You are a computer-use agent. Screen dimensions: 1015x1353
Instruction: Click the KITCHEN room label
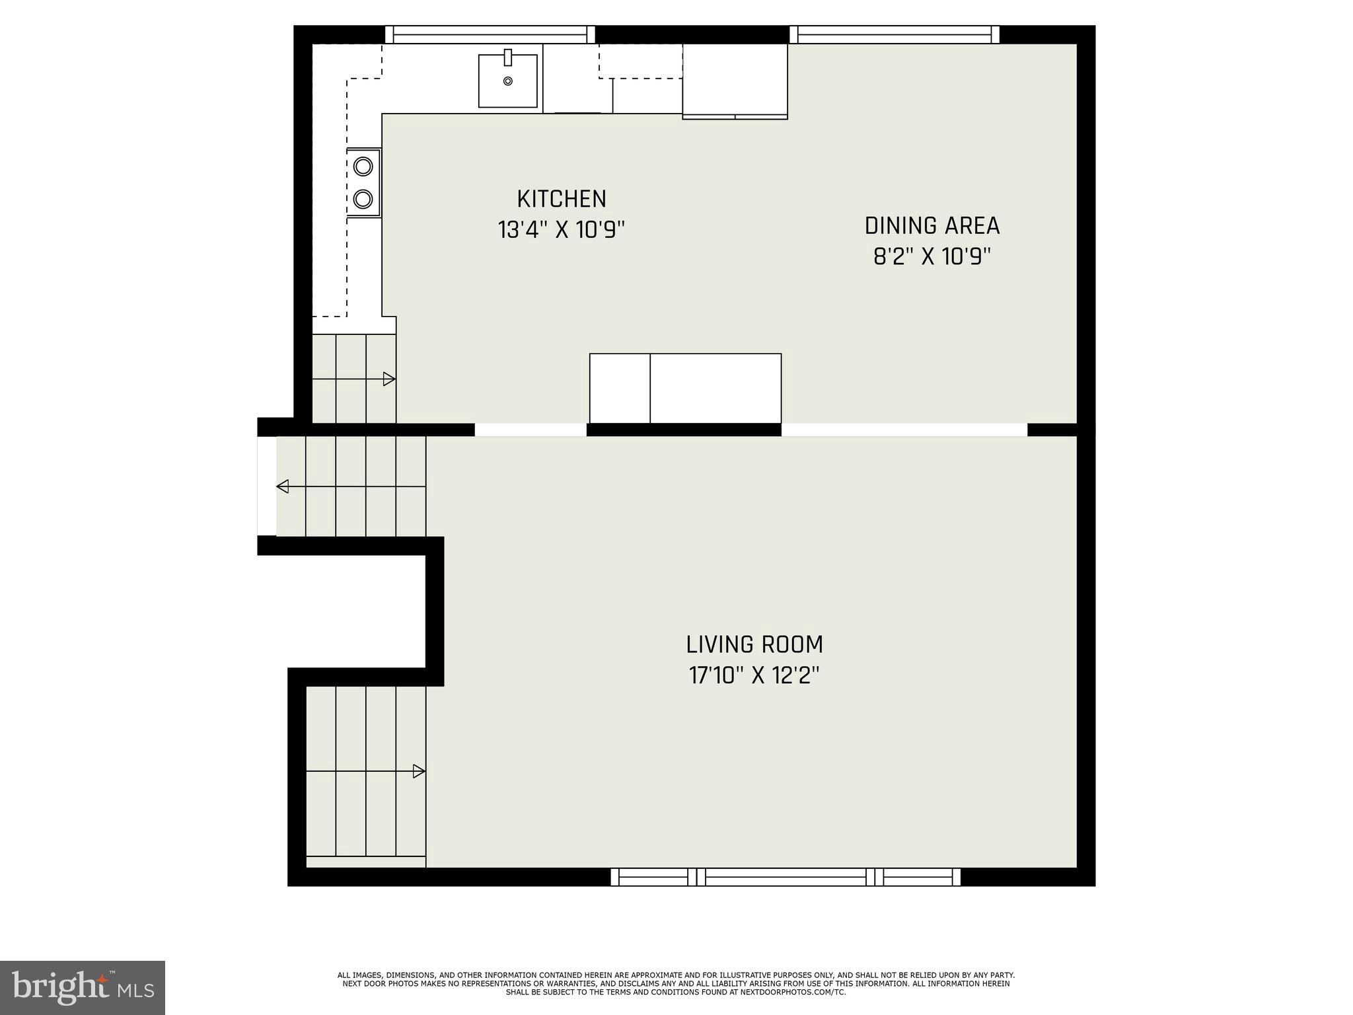(561, 199)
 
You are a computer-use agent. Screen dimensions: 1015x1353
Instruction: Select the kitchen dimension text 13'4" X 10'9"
(561, 230)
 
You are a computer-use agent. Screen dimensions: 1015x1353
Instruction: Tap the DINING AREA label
(932, 226)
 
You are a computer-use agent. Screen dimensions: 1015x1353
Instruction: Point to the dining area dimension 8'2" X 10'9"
(932, 256)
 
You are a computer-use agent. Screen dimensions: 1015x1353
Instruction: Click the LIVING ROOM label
(754, 644)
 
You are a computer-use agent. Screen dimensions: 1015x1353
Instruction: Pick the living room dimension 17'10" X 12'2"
(754, 675)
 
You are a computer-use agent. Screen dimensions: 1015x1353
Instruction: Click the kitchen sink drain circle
(507, 81)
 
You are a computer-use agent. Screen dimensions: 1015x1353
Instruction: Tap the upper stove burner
(363, 166)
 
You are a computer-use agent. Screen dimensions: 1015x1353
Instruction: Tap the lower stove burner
(363, 198)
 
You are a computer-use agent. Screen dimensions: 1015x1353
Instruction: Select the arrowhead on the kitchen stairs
(389, 379)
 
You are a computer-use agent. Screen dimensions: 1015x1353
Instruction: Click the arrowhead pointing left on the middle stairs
(283, 487)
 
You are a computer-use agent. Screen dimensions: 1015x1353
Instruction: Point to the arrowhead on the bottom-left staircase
(418, 771)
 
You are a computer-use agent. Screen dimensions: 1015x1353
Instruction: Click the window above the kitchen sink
(490, 34)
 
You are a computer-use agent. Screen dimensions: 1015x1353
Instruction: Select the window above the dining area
(894, 34)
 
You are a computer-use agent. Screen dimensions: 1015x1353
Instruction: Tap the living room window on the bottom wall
(785, 877)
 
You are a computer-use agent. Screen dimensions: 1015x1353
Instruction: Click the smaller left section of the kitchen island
(620, 389)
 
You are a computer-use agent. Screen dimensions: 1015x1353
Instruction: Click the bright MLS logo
(82, 988)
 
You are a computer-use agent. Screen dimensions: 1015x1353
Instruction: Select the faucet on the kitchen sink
(507, 57)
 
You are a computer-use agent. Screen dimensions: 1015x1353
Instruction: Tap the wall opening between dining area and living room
(904, 430)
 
